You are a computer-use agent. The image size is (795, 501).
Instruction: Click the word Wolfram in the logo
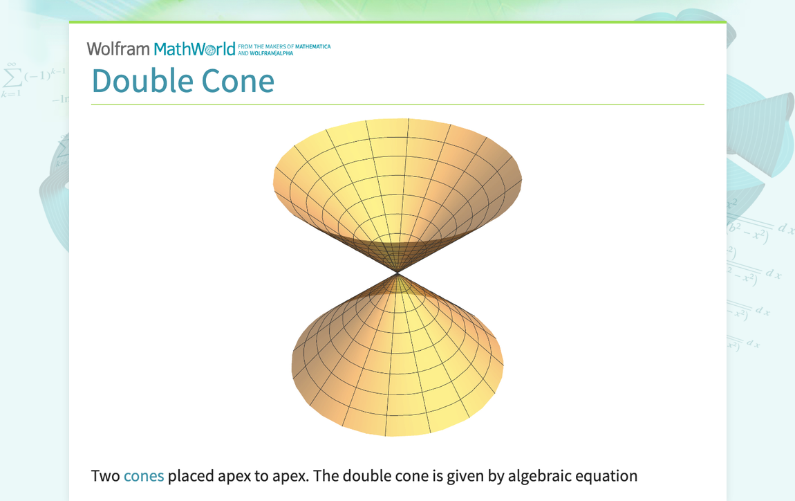point(118,48)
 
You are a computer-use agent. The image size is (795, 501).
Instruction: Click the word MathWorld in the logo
point(194,48)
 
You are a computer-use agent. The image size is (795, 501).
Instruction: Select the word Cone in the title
point(238,80)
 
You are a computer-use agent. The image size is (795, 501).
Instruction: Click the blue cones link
point(144,476)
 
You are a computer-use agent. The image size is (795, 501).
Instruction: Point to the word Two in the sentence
point(105,476)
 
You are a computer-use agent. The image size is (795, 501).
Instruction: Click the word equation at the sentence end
point(606,477)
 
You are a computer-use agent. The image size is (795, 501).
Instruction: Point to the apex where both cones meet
point(397,273)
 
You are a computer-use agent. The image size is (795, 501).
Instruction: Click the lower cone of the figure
point(397,367)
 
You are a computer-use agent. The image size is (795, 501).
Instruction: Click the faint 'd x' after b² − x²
point(786,228)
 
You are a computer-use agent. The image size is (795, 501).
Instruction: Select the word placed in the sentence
point(190,476)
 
